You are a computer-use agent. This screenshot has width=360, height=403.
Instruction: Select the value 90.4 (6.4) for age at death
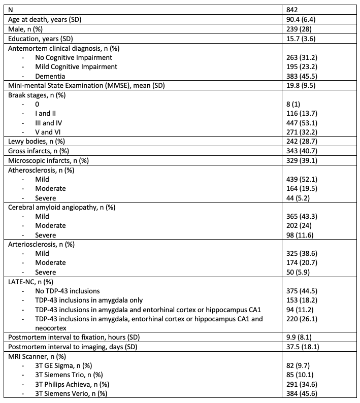302,19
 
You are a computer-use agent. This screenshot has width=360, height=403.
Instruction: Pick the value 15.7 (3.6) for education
302,38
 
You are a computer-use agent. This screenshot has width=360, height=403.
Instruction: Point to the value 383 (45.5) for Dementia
303,76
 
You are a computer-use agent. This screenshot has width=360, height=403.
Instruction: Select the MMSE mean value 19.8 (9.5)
302,86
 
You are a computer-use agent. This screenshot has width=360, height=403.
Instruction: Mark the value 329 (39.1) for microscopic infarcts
303,162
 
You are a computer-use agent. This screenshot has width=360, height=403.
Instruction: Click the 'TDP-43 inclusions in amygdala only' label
94,300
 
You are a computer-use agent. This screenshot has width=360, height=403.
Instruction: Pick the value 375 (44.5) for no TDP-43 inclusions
303,291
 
